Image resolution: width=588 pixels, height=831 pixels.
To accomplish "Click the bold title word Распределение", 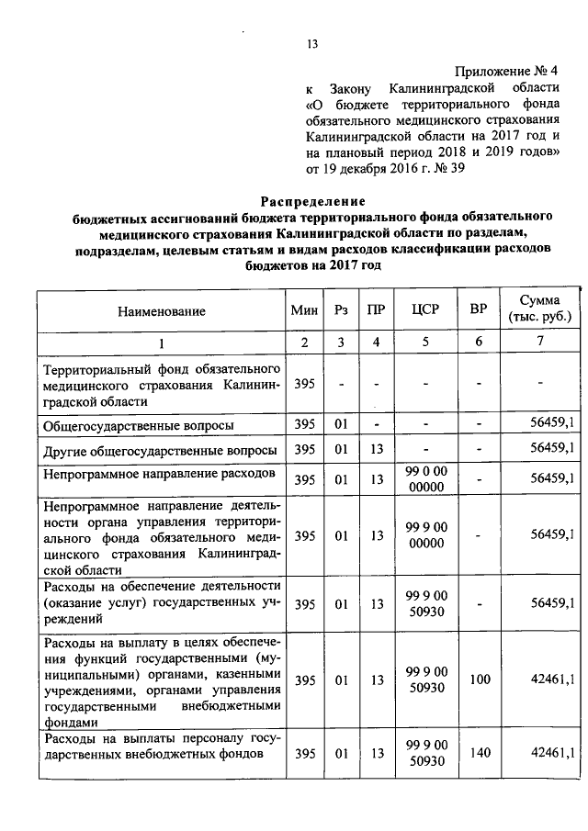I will [x=311, y=201].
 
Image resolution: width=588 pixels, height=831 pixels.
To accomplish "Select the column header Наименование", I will [x=161, y=312].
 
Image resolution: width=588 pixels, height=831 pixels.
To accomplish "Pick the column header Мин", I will [x=303, y=312].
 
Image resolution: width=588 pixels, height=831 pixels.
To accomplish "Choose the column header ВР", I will [x=478, y=312].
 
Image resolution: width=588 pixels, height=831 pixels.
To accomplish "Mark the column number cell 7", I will [x=540, y=343].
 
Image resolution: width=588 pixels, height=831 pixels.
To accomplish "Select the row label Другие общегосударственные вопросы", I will [x=160, y=451].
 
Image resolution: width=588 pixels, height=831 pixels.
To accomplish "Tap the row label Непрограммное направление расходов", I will [x=159, y=476].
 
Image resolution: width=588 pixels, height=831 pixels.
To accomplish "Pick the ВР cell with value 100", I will [x=479, y=681].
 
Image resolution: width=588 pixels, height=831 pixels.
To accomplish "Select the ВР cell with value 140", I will [x=479, y=754].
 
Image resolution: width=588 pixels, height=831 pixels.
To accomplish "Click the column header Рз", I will [x=341, y=312].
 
